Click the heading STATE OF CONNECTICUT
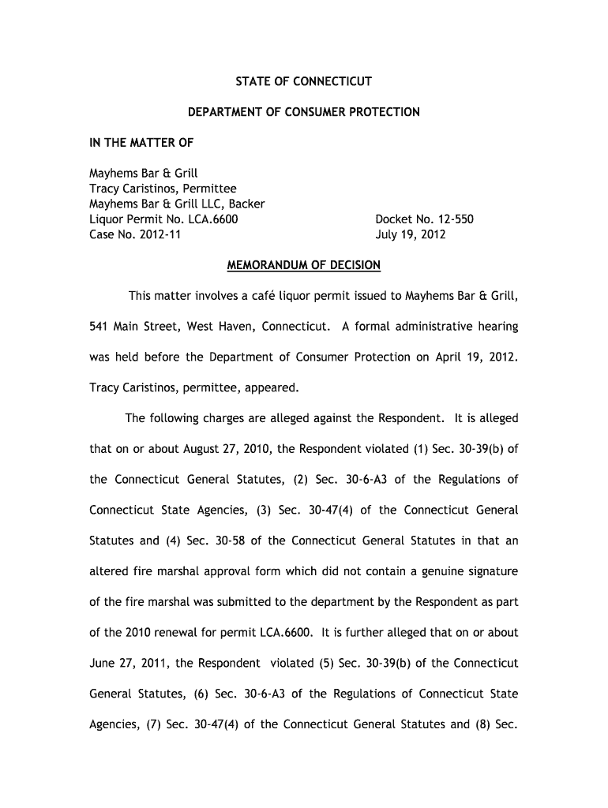pos(304,81)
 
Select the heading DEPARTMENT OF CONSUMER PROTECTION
pos(304,112)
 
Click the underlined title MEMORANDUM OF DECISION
pos(304,265)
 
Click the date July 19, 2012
pos(411,234)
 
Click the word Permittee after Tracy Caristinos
pos(208,189)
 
